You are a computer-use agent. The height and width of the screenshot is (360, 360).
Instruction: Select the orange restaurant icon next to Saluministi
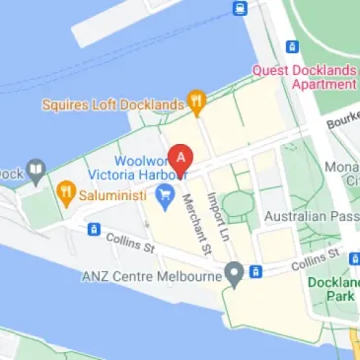[67, 191]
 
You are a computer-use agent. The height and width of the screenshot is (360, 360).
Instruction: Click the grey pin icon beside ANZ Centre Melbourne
[234, 273]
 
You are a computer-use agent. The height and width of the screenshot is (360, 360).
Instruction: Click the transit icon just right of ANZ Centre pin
[255, 271]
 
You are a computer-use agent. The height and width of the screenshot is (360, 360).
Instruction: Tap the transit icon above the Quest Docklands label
[291, 46]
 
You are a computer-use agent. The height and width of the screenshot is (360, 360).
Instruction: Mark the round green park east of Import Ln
[237, 205]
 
